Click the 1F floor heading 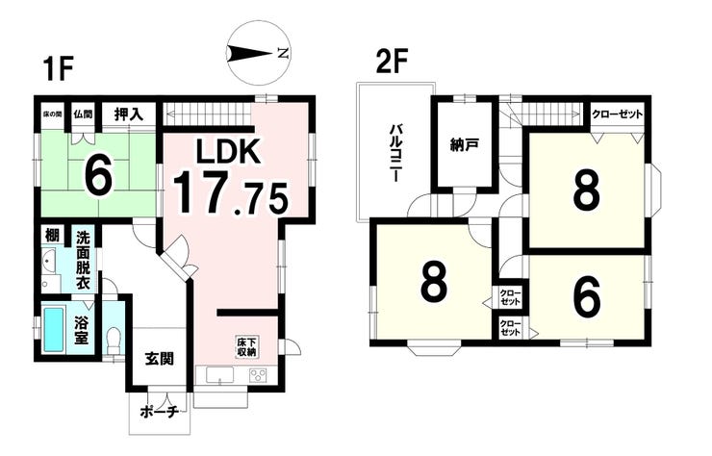coord(57,69)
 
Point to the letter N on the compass coord(283,53)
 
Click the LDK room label coord(227,151)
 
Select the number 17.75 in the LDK coord(230,192)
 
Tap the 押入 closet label coord(129,114)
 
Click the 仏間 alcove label coord(83,114)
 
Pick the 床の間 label coord(52,114)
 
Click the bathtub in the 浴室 coord(54,329)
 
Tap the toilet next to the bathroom coord(114,341)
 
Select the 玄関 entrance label coord(160,359)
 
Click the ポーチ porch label coord(160,413)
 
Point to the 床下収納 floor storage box coord(246,346)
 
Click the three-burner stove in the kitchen coord(258,375)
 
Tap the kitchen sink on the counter coord(219,375)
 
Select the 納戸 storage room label coord(464,145)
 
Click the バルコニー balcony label coord(394,153)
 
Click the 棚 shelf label coord(53,236)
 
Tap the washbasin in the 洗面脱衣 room coord(48,261)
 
